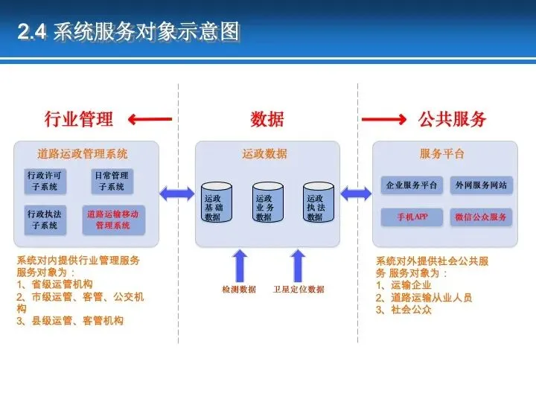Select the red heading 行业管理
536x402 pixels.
coord(79,118)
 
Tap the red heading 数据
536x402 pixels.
coord(267,118)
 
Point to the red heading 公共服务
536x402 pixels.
coord(452,118)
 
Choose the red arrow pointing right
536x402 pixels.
coord(383,118)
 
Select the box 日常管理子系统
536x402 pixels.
coord(112,181)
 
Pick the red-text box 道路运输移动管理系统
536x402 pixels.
coord(112,219)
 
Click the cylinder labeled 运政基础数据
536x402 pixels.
coord(217,202)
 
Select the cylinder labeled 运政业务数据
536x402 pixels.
coord(267,202)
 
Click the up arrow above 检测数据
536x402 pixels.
coord(240,265)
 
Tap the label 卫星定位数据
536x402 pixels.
coord(299,289)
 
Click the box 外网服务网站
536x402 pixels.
coord(481,185)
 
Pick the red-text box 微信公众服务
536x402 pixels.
coord(481,217)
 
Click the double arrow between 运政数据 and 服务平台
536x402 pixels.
coord(357,194)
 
